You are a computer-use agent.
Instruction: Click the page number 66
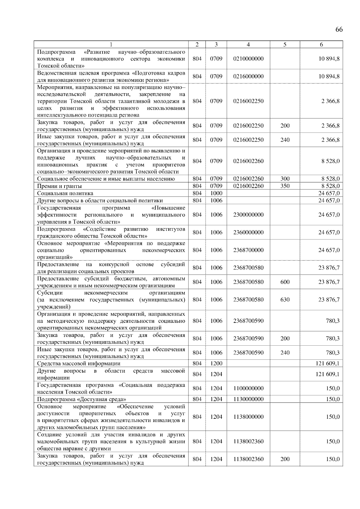[x=339, y=29]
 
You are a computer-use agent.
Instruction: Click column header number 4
[x=248, y=44]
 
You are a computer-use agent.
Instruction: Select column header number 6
[x=321, y=44]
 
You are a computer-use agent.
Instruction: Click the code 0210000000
[x=248, y=59]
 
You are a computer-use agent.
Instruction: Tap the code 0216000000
[x=248, y=76]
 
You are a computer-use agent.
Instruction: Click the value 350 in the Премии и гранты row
[x=285, y=186]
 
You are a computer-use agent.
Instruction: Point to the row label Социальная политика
[x=65, y=193]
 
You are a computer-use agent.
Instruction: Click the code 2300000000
[x=248, y=215]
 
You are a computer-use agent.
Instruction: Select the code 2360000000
[x=248, y=232]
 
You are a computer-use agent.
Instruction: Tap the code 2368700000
[x=248, y=250]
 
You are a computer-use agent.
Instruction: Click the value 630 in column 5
[x=285, y=299]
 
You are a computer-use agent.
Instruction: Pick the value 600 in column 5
[x=285, y=282]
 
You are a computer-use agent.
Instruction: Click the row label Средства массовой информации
[x=79, y=364]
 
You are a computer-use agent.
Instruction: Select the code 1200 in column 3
[x=216, y=364]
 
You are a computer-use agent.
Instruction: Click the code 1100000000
[x=248, y=388]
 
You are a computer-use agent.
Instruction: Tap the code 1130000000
[x=248, y=399]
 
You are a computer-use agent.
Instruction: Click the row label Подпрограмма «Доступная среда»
[x=81, y=399]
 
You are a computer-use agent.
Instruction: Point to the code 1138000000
[x=248, y=417]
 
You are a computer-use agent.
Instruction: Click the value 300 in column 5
[x=285, y=179]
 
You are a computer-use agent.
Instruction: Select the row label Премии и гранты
[x=59, y=186]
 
